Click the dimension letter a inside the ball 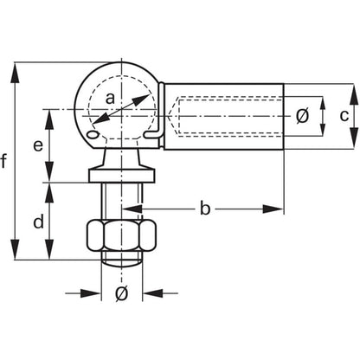[x=110, y=99]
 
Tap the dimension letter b [x=205, y=208]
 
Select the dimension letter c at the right [x=344, y=116]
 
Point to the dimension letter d [x=39, y=222]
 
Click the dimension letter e [x=38, y=145]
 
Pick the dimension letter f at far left [x=3, y=161]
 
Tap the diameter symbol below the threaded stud [x=121, y=293]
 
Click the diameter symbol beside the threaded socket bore [x=302, y=116]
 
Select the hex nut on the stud [x=122, y=235]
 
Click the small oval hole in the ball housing [x=93, y=134]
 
